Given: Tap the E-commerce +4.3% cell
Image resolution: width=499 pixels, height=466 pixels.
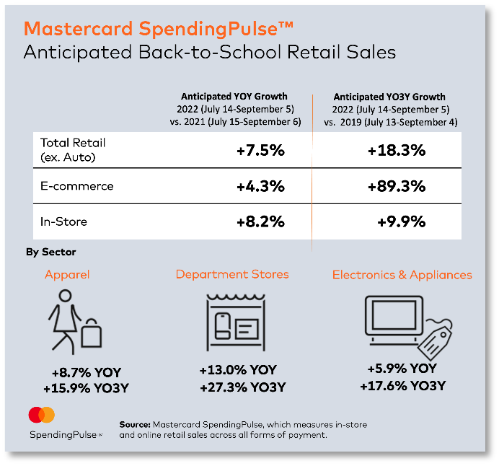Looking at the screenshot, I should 260,186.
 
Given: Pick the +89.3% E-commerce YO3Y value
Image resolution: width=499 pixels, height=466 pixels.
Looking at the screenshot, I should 396,186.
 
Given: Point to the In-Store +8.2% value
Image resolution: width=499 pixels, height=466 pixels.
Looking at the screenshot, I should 260,221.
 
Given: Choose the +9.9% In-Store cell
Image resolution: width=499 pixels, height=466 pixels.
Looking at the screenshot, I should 401,221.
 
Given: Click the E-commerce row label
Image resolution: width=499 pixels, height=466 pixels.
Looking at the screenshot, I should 77,186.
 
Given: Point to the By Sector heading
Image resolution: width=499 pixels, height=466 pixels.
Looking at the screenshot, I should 50,252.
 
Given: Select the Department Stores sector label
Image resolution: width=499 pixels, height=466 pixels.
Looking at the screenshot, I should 232,274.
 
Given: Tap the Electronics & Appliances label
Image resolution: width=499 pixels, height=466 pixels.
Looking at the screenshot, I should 402,275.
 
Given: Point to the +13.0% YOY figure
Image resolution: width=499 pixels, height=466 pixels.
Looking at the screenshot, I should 238,370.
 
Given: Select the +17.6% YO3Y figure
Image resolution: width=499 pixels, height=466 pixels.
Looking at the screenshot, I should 402,386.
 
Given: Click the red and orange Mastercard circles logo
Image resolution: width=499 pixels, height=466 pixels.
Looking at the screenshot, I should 42,416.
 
